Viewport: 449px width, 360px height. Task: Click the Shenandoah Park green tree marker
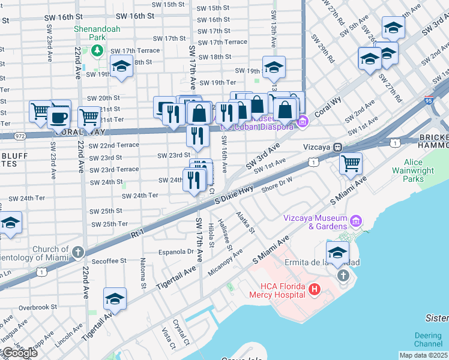tap(97, 50)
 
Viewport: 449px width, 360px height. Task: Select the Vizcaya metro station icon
tap(338, 146)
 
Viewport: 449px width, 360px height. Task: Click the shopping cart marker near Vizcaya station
tap(351, 163)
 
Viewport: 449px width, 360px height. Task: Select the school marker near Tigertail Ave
tap(115, 298)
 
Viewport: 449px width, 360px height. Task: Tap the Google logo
tap(19, 352)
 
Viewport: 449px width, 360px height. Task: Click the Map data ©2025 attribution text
tap(423, 355)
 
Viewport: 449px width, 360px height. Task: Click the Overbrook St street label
tap(37, 307)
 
